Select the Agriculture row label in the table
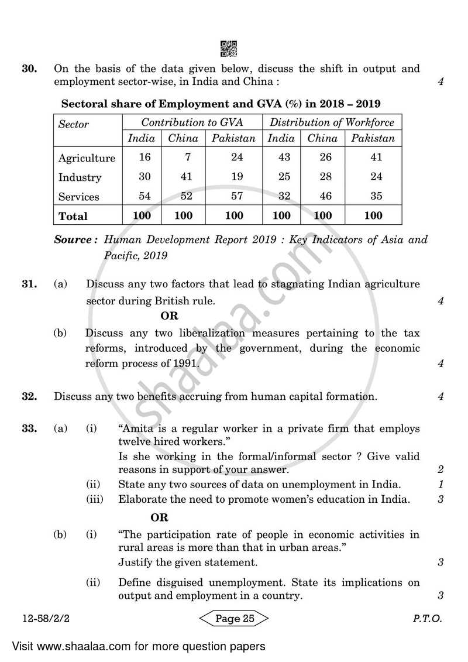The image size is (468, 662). point(87,158)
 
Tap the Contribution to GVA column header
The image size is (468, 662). point(192,123)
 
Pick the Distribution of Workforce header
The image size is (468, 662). point(332,123)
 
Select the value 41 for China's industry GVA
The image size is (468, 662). point(183,177)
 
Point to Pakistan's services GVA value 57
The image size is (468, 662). point(233,196)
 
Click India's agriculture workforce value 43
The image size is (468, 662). point(281,157)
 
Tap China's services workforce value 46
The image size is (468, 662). point(323,196)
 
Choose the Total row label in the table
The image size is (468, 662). point(73,216)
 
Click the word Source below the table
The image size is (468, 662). point(75,240)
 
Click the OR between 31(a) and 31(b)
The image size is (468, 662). point(169,317)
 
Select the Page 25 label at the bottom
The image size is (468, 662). point(233,619)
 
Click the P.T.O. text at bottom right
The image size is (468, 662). point(426,619)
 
